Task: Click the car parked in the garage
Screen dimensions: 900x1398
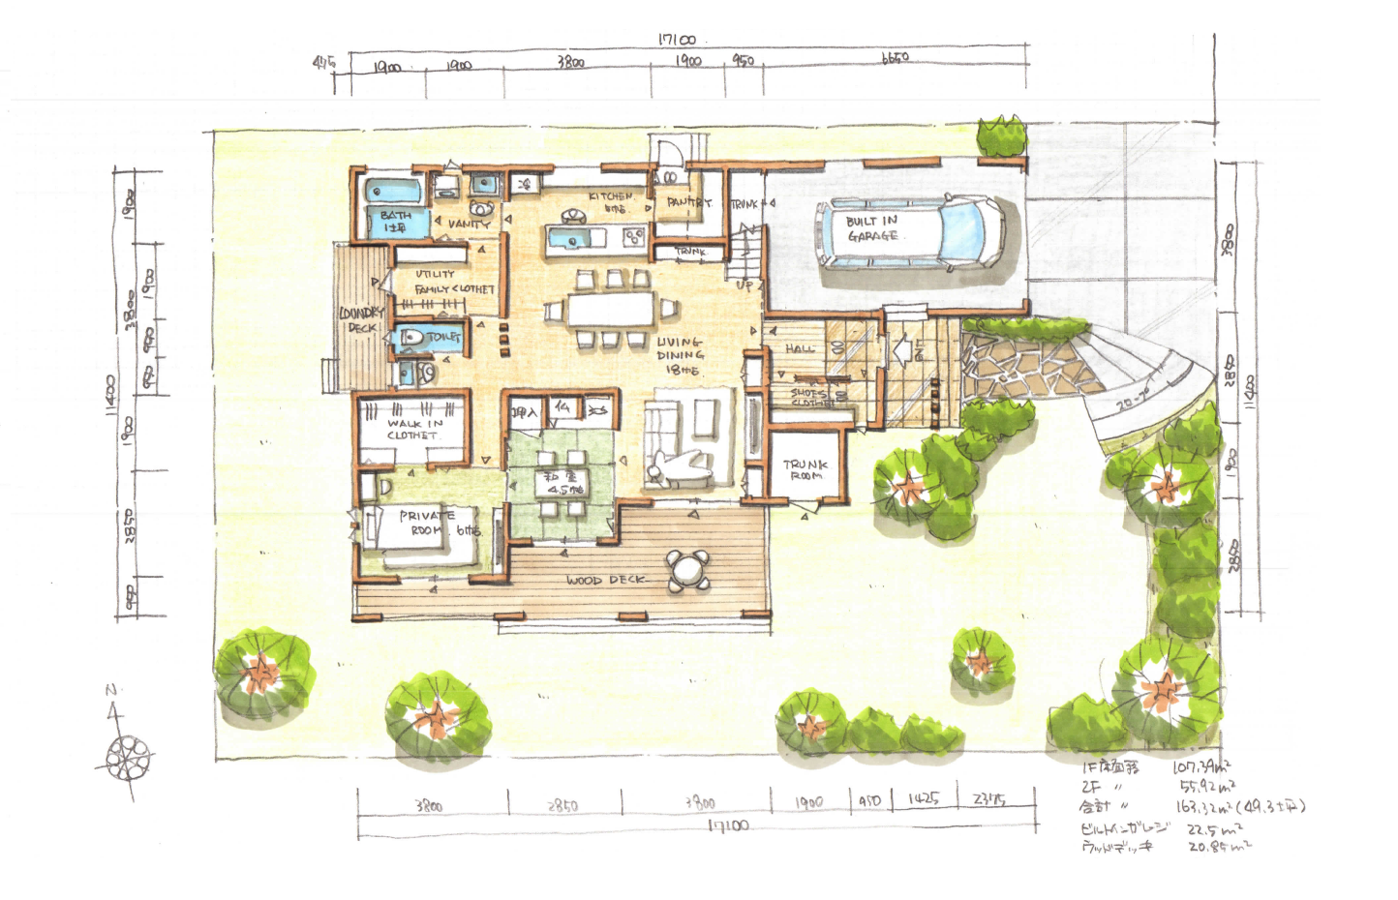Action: [x=910, y=232]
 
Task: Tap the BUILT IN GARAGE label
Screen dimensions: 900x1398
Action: [x=871, y=228]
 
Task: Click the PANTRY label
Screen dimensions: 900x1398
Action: [x=688, y=203]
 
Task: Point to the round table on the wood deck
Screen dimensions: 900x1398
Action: [x=687, y=569]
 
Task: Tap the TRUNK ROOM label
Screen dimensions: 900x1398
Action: [x=805, y=470]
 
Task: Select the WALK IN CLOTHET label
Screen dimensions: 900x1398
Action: [x=414, y=429]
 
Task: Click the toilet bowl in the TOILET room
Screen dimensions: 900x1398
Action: [x=410, y=338]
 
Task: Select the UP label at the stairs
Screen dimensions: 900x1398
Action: [x=744, y=285]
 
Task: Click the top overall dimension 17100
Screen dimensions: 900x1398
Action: [x=677, y=40]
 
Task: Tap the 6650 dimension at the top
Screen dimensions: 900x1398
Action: [x=895, y=59]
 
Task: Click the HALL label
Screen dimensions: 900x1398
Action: [x=800, y=348]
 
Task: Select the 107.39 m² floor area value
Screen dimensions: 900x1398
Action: [x=1201, y=766]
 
